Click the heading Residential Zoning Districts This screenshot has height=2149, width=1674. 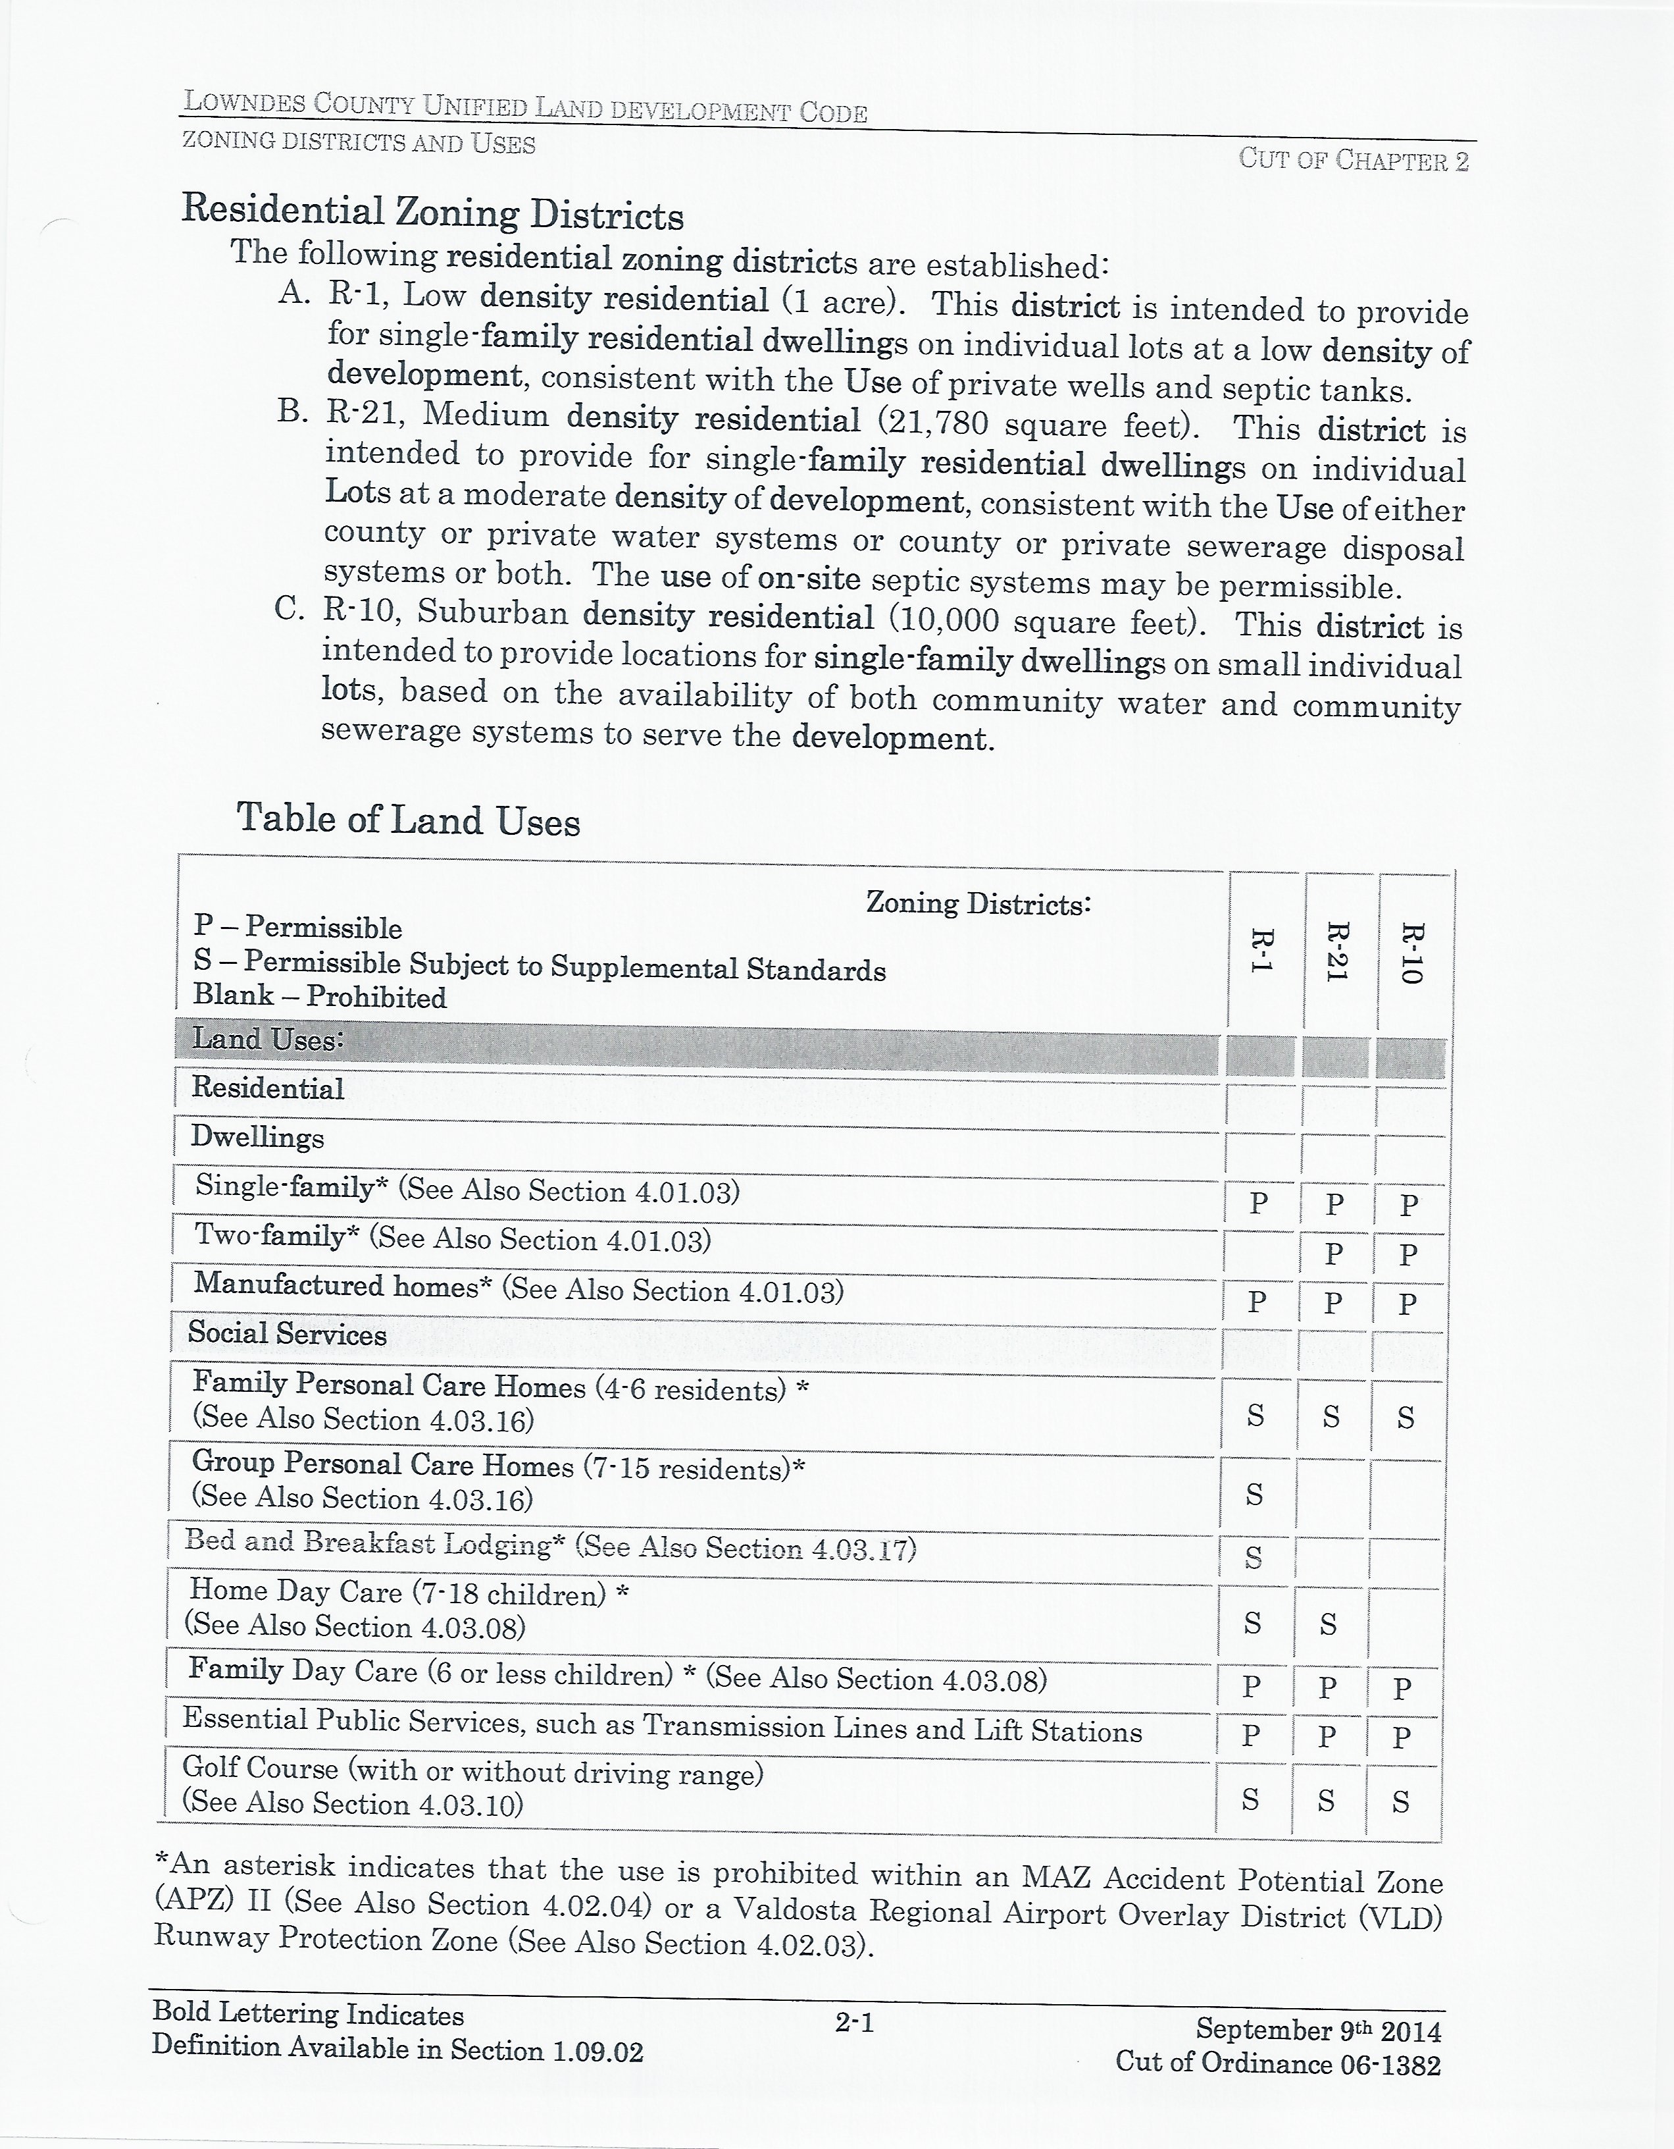click(433, 213)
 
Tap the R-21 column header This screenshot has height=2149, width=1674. click(1336, 951)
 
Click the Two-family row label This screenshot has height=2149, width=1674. click(453, 1237)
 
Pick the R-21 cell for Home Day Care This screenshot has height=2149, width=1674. click(1328, 1624)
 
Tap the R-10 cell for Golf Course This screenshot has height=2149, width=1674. click(1402, 1803)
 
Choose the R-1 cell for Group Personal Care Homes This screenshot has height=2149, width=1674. click(1254, 1496)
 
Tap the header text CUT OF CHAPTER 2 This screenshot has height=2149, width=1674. click(1354, 159)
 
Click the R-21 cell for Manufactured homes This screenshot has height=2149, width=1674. click(1334, 1303)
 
